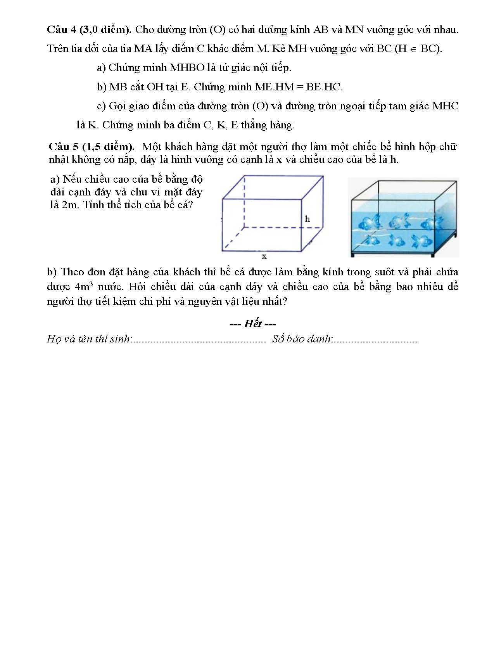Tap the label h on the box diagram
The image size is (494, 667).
(x=307, y=219)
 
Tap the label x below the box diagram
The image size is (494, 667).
(x=264, y=256)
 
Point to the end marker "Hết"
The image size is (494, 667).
(x=253, y=324)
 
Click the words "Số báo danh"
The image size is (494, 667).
(x=301, y=339)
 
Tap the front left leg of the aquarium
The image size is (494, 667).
(x=352, y=254)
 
